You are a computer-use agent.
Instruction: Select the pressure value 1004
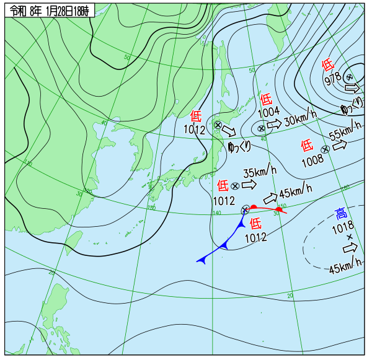(x=268, y=112)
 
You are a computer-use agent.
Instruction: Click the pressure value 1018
(x=342, y=227)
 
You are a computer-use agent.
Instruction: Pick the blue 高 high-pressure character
(x=341, y=214)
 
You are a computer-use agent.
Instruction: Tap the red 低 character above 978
(x=328, y=64)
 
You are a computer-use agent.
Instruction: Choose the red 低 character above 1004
(x=266, y=99)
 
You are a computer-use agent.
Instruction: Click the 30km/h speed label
(x=300, y=118)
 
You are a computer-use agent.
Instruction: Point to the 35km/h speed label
(x=259, y=173)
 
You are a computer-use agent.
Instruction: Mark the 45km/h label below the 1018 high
(x=345, y=266)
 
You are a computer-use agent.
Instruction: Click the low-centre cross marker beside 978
(x=349, y=77)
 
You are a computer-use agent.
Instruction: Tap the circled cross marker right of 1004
(x=262, y=128)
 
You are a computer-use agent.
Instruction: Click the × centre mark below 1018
(x=349, y=237)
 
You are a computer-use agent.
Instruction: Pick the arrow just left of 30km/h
(x=275, y=123)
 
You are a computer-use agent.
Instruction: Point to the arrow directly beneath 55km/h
(x=340, y=146)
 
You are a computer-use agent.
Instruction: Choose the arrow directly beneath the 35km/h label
(x=249, y=185)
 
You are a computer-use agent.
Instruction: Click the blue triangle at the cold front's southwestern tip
(x=201, y=261)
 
